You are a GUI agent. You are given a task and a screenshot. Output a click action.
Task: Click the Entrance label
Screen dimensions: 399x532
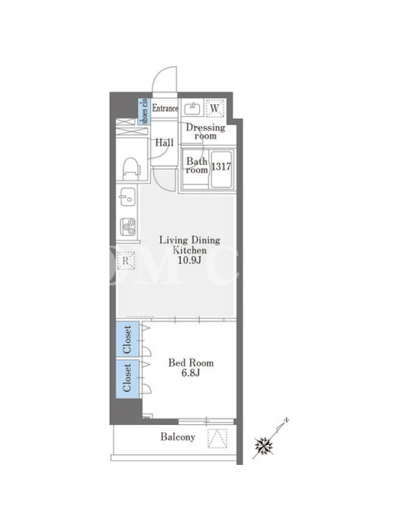[x=165, y=108]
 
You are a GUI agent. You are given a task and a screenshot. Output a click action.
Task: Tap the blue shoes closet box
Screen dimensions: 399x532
[x=144, y=111]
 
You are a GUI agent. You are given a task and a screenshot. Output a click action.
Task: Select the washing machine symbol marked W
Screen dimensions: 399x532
[x=215, y=108]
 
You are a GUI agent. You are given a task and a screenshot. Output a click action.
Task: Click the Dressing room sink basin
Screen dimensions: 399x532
[x=192, y=108]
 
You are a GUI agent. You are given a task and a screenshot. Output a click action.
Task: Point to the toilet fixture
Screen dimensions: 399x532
[x=131, y=168]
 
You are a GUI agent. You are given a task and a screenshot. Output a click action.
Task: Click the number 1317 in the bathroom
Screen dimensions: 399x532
[x=221, y=166]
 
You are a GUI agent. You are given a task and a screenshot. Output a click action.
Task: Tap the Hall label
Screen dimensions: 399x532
[x=164, y=143]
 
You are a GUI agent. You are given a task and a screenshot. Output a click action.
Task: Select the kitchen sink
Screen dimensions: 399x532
[x=127, y=197]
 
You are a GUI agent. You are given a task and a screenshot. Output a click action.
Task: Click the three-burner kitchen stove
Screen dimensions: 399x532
[x=128, y=227]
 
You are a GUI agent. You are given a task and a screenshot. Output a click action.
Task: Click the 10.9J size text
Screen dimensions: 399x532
[x=190, y=261]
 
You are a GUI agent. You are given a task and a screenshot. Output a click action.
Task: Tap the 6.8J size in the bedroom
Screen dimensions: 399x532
[x=191, y=373]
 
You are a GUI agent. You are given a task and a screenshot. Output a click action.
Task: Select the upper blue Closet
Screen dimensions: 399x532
[x=127, y=340]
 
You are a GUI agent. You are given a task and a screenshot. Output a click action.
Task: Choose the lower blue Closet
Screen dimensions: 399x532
[x=127, y=378]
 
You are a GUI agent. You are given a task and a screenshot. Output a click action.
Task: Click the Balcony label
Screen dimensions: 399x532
[x=178, y=437]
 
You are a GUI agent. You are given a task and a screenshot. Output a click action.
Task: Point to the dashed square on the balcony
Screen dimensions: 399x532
[x=217, y=438]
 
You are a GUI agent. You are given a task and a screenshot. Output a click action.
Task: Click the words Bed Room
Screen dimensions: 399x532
[x=191, y=362]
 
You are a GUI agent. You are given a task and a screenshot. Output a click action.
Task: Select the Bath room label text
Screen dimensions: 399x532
[x=197, y=165]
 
